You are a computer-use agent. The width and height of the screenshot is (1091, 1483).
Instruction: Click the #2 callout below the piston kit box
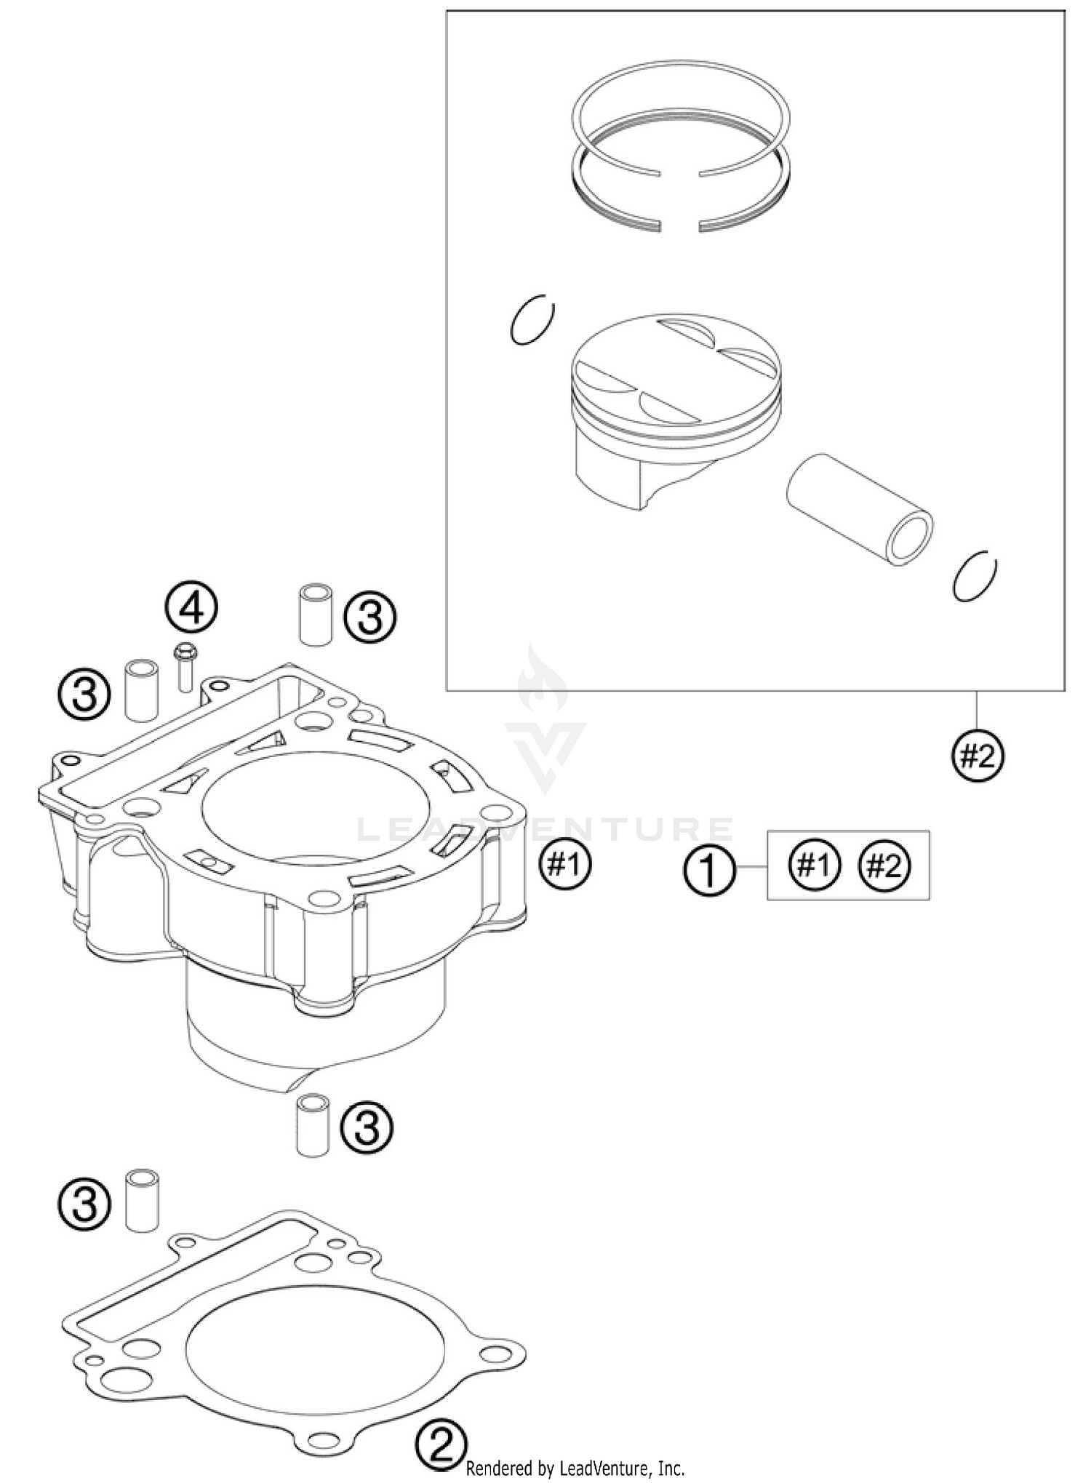978,756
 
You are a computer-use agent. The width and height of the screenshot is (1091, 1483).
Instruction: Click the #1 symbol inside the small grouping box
814,865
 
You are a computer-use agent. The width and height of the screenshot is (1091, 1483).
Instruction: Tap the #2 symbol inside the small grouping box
884,865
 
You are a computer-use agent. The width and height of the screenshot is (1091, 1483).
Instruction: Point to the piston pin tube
858,509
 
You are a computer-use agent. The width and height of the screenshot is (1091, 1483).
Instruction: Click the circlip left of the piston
532,320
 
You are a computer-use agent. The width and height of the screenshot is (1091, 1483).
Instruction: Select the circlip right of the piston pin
975,575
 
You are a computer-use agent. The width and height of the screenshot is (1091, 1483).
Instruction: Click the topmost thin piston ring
680,116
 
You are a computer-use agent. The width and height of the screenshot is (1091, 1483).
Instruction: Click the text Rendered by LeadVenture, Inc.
574,1468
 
